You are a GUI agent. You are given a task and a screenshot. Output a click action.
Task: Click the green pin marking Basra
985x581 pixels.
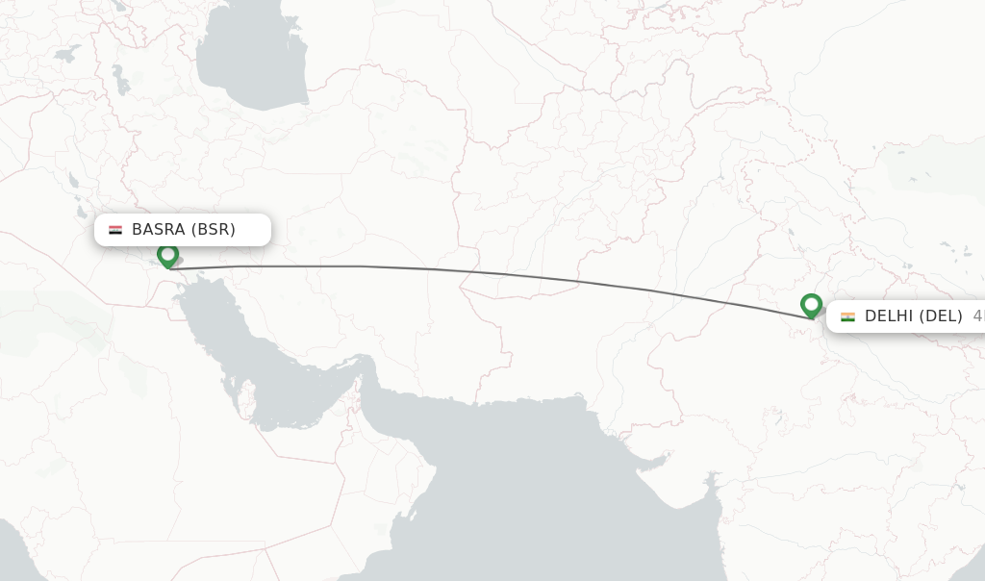(x=168, y=255)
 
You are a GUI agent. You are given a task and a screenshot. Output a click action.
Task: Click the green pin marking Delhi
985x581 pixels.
(x=811, y=305)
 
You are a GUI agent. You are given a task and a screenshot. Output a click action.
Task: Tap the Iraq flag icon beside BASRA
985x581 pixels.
(x=115, y=230)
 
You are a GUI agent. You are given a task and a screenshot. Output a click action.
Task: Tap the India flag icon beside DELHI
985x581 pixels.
(x=847, y=316)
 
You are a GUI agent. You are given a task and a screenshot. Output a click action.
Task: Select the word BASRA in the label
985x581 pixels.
(x=158, y=230)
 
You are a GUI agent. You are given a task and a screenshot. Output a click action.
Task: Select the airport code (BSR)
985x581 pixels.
(x=213, y=230)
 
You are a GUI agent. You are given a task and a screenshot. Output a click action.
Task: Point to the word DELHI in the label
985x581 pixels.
(x=890, y=316)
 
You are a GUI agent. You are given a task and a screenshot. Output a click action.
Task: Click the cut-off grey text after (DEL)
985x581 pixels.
(x=978, y=316)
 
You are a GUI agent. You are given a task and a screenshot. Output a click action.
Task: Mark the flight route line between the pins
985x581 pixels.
(x=481, y=272)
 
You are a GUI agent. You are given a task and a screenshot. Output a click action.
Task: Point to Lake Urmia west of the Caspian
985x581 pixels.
(x=119, y=77)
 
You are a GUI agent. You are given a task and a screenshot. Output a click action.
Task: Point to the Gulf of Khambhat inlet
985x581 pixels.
(x=710, y=481)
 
